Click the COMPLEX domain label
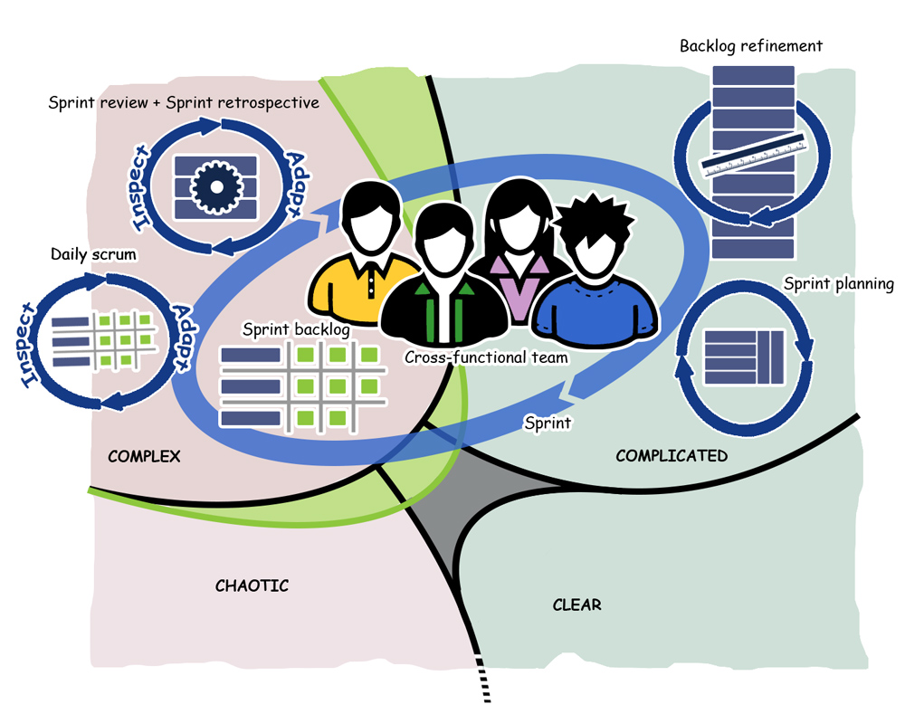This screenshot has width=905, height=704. [x=144, y=456]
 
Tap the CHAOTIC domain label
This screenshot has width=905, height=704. [x=252, y=585]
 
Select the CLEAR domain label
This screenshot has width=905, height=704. [x=576, y=604]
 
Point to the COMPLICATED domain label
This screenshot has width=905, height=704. [x=671, y=456]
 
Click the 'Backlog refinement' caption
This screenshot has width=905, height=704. [x=751, y=45]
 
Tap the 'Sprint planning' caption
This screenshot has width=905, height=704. [x=838, y=284]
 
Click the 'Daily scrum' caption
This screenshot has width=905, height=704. [x=93, y=254]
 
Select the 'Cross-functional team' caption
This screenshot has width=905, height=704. [x=486, y=357]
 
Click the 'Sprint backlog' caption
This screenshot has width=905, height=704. [x=296, y=328]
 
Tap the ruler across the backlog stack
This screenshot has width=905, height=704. [x=752, y=155]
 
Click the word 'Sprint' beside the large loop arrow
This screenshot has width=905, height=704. [x=548, y=423]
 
